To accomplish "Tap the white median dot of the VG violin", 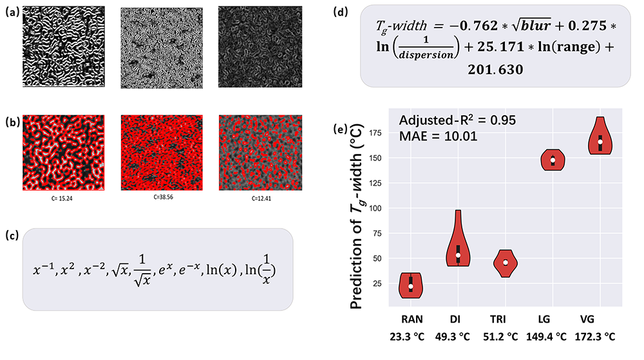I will click(600, 141).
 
